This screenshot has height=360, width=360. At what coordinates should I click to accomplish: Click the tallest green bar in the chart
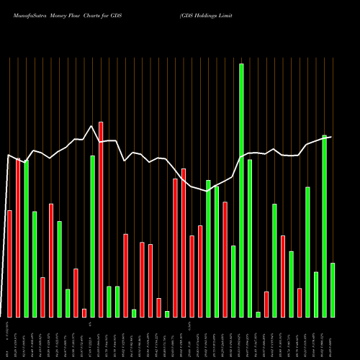(241, 190)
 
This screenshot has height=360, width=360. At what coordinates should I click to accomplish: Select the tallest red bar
(101, 220)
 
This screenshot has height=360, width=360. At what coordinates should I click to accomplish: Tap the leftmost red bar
(9, 264)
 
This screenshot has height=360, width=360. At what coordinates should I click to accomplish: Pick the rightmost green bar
(333, 290)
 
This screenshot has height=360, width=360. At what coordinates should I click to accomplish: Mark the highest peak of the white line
(91, 127)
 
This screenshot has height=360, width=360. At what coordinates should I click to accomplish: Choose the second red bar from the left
(18, 238)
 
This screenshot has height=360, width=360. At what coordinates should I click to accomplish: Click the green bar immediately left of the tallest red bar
(93, 236)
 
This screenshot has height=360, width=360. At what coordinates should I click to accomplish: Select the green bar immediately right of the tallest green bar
(250, 238)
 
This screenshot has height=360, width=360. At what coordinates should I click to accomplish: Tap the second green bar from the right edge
(325, 226)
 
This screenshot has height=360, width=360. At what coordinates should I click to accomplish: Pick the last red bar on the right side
(300, 302)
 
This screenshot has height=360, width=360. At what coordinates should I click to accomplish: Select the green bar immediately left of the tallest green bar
(233, 282)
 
